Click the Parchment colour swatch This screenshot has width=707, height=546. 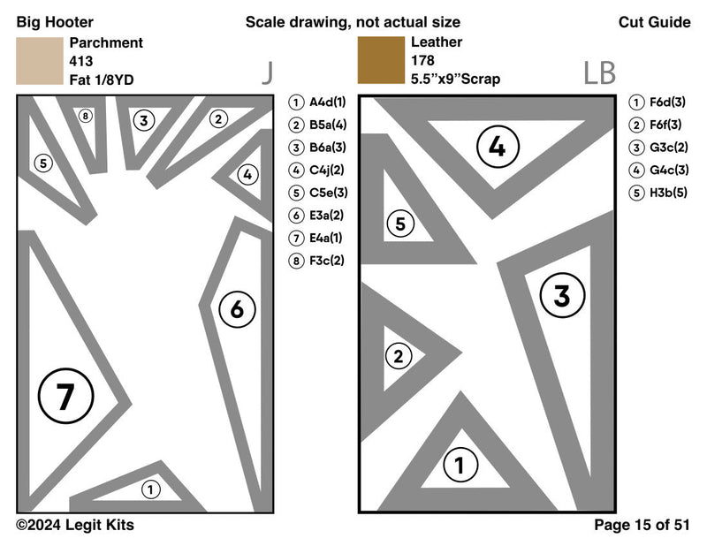pos(39,61)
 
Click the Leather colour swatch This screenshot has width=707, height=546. pos(380,61)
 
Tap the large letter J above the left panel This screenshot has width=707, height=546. pos(266,72)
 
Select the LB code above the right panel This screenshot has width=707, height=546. pos(599,72)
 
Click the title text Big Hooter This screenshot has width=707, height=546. pos(55,22)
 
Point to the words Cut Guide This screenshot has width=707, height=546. pos(654,22)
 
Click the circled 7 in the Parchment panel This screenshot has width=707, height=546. pos(64,398)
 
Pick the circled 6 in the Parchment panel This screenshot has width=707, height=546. pos(237,309)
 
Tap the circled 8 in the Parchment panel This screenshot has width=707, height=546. pos(85,116)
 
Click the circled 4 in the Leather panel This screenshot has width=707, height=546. pos(498,148)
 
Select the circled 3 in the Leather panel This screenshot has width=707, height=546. pos(562,296)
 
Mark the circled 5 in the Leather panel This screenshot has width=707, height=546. pos(400,224)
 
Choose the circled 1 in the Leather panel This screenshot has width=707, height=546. pos(459,465)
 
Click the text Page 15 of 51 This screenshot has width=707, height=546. pos(642,525)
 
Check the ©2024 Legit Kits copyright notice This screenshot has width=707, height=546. pos(75,525)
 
